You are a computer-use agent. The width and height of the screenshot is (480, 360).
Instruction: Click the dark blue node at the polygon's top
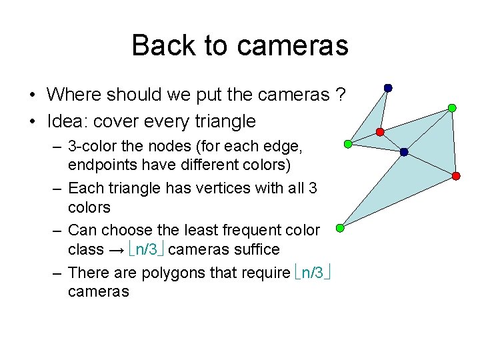(x=388, y=87)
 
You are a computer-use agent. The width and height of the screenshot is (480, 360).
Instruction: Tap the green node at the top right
(x=452, y=107)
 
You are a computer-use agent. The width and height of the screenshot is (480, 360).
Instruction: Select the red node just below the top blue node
(x=379, y=132)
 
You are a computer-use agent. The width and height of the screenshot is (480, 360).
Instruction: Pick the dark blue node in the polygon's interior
(x=404, y=152)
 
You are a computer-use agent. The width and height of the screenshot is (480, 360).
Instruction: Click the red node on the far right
(x=456, y=175)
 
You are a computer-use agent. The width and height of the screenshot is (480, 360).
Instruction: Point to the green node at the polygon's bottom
(x=340, y=228)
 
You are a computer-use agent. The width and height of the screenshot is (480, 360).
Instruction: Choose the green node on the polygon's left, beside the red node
(x=347, y=143)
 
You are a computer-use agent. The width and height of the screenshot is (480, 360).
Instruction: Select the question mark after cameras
(x=341, y=95)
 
